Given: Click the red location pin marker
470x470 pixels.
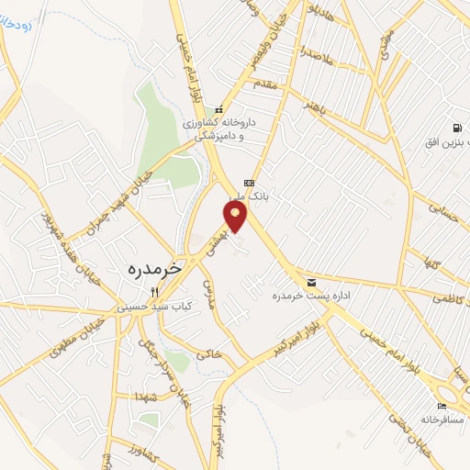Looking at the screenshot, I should click(236, 216).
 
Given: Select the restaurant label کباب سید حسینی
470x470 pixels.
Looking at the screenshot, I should click(149, 308).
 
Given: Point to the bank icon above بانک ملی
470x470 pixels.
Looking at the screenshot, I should click(247, 182).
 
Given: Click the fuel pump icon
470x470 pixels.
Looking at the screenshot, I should click(455, 128).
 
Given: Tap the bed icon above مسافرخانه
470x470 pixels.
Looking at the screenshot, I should click(442, 405).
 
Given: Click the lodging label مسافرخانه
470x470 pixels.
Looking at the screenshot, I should click(441, 419).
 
